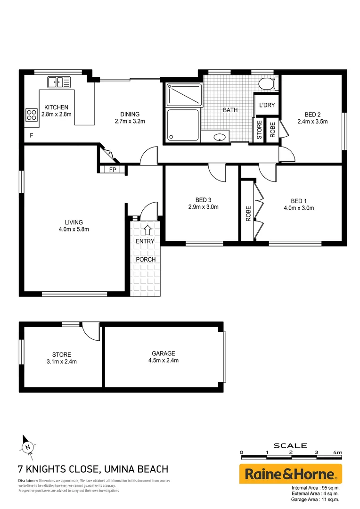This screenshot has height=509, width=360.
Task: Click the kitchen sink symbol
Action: click(58, 82)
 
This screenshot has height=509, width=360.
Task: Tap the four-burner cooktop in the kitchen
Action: click(31, 115)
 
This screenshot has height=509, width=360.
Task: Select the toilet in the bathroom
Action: click(267, 84)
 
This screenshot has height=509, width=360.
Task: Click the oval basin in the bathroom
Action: click(219, 138)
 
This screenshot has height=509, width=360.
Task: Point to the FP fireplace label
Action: click(113, 170)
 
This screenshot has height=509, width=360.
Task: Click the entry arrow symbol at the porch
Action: click(147, 230)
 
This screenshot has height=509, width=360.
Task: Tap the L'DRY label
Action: click(267, 105)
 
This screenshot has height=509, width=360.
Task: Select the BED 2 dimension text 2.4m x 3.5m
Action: click(312, 121)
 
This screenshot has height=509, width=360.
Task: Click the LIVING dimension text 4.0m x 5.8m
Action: click(74, 230)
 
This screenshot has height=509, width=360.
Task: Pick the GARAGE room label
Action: click(164, 353)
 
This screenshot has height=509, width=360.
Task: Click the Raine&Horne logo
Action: click(290, 474)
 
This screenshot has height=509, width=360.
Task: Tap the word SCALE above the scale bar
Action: click(290, 445)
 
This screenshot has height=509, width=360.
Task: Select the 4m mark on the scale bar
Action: click(337, 452)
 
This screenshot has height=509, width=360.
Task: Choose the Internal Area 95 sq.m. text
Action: click(316, 488)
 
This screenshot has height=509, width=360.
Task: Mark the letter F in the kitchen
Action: click(32, 136)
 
